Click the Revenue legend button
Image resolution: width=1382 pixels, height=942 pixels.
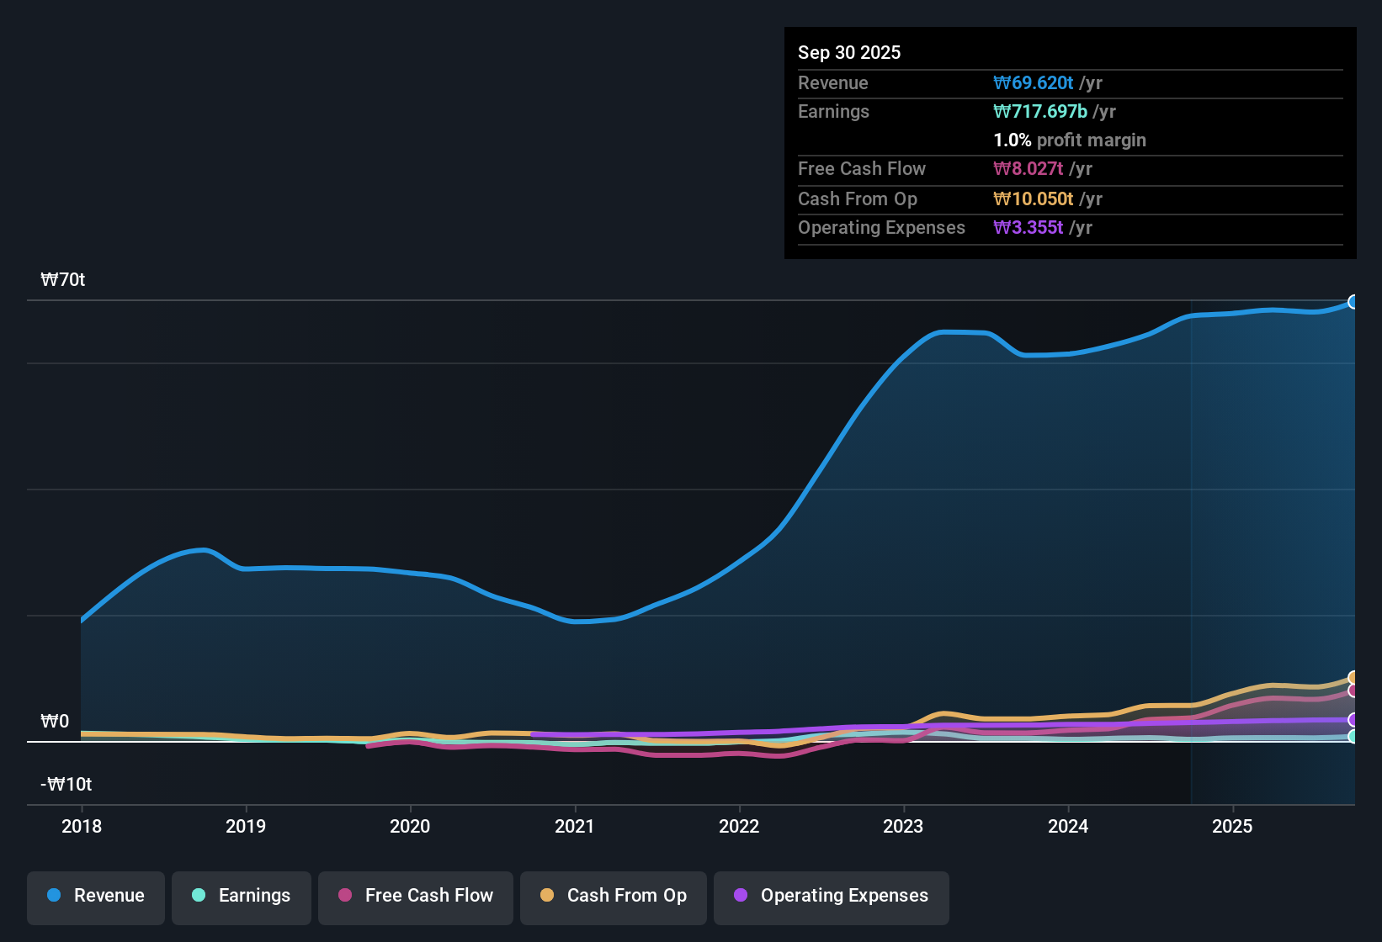96,896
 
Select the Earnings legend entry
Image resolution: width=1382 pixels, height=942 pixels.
242,896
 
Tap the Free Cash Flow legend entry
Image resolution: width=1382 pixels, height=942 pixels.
416,896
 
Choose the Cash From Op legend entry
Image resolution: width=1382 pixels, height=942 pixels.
614,896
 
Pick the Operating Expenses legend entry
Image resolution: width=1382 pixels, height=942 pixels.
832,896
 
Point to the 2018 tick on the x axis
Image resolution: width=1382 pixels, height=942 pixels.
82,827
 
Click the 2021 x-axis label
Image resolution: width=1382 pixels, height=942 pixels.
575,827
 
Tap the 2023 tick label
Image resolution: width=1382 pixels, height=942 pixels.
903,827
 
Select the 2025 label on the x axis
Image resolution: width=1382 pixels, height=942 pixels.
1232,827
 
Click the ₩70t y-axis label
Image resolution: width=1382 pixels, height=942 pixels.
63,280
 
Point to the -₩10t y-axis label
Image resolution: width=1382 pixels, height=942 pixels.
66,785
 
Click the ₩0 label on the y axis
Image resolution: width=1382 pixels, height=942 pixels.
55,722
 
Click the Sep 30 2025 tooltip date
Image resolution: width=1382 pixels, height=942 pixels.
849,53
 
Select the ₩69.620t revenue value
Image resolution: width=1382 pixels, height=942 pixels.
1034,83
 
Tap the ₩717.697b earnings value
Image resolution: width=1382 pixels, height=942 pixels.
1040,112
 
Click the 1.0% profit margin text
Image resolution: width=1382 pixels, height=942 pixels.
1070,140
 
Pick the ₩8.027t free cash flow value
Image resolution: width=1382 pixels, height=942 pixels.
1029,169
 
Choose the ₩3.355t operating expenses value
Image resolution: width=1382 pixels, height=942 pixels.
1029,228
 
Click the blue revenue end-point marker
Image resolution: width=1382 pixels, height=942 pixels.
1353,302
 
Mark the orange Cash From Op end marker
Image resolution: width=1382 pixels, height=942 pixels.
1353,678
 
